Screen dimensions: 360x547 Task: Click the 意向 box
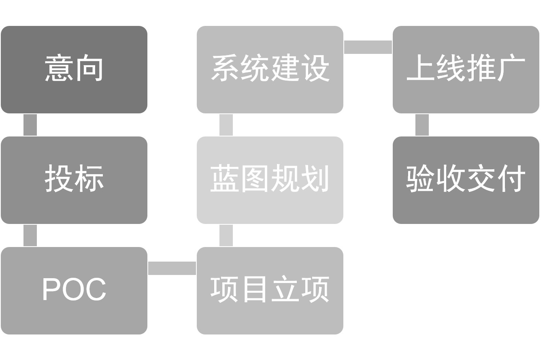click(x=74, y=70)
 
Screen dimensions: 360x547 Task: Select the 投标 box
click(x=74, y=180)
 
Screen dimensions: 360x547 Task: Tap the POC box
click(x=74, y=290)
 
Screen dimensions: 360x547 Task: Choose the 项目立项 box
click(x=270, y=290)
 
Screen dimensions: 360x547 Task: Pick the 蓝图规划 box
click(x=270, y=180)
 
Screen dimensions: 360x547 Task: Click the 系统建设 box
click(x=270, y=70)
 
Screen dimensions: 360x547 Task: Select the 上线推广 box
click(x=466, y=70)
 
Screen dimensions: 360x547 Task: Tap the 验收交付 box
click(x=466, y=180)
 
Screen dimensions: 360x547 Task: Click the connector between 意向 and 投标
click(x=30, y=125)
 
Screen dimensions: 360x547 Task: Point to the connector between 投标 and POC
click(x=30, y=235)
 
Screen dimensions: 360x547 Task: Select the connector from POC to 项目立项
click(x=172, y=268)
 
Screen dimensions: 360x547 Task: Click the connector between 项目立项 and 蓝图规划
click(x=226, y=235)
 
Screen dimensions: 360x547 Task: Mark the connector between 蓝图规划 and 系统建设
click(x=226, y=125)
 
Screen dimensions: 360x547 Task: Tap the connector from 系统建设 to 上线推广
click(x=368, y=47)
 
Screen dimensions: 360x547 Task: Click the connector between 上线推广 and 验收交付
click(x=422, y=125)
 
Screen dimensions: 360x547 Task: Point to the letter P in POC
click(x=51, y=289)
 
